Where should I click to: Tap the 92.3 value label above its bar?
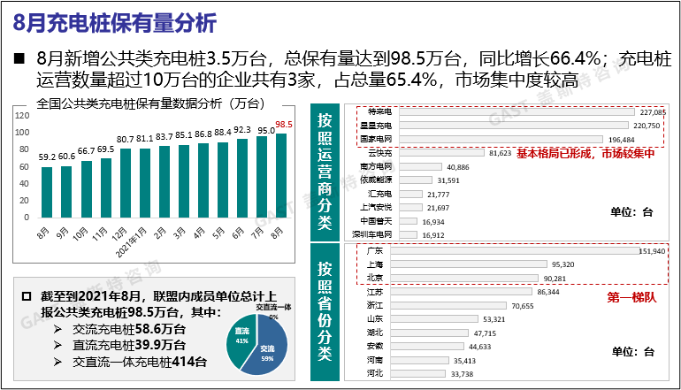pos(242,130)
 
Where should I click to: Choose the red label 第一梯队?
pos(631,297)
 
